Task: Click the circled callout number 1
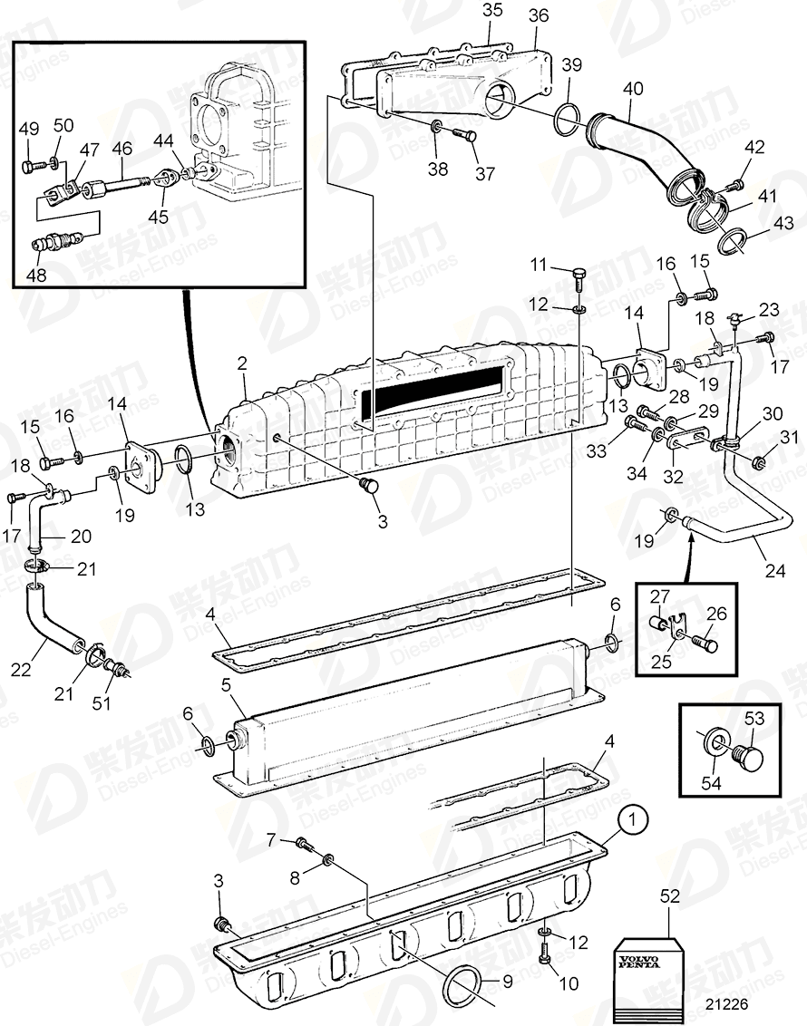634,821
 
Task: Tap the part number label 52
669,895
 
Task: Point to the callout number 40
633,89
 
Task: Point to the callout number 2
242,364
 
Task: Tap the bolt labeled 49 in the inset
30,168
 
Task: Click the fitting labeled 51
116,671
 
